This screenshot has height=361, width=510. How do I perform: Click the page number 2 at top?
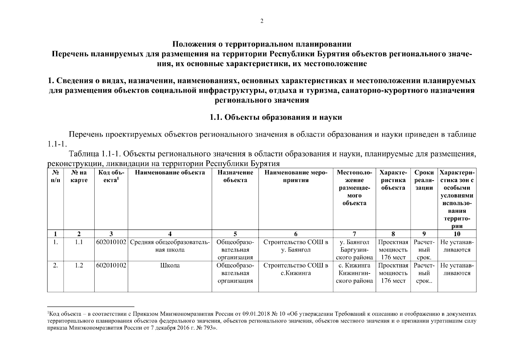click(262, 21)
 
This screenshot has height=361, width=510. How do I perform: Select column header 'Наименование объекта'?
click(170, 173)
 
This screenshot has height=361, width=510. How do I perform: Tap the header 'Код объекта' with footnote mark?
click(111, 176)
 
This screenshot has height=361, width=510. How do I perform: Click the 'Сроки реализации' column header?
click(424, 180)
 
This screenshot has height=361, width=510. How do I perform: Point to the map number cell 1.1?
click(79, 242)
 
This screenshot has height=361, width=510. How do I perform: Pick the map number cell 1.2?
click(79, 266)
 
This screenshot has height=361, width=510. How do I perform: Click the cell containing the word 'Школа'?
click(170, 266)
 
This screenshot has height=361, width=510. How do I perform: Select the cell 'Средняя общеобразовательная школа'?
click(170, 246)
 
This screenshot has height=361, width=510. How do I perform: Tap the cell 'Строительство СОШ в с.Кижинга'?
click(296, 269)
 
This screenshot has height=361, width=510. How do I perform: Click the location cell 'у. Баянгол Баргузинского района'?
click(354, 250)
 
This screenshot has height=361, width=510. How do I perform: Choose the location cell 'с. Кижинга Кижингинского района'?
click(354, 273)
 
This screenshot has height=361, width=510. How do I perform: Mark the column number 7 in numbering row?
click(354, 234)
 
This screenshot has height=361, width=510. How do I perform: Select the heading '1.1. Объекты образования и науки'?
click(276, 117)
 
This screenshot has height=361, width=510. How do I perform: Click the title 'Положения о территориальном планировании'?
click(262, 45)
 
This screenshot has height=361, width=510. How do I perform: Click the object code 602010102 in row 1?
click(111, 242)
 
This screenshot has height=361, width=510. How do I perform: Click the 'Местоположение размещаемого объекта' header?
click(354, 188)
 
